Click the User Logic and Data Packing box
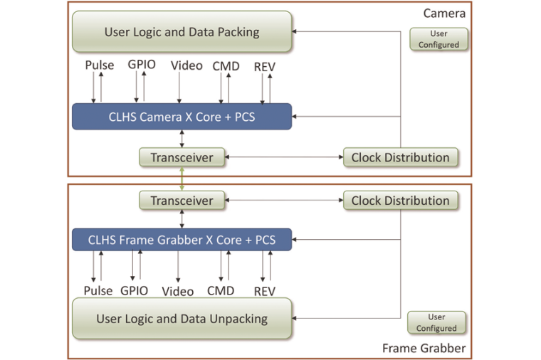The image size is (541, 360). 182,31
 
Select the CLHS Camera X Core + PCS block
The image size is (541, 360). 182,117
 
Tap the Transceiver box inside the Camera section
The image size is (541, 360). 182,157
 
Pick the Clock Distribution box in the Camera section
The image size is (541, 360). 400,157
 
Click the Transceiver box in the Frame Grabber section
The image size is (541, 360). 182,201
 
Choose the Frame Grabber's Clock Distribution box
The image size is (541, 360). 400,201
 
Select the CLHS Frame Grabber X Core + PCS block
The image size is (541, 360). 182,240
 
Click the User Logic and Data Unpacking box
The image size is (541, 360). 182,319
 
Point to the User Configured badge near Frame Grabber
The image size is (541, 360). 436,322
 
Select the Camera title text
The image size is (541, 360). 445,13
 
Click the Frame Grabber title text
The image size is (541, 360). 424,348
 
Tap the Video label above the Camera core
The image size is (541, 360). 187,66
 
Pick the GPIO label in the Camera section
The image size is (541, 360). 141,65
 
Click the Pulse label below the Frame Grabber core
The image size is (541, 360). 98,291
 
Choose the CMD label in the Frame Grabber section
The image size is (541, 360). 221,291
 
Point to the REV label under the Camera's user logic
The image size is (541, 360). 264,67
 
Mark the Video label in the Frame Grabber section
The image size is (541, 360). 177,292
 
